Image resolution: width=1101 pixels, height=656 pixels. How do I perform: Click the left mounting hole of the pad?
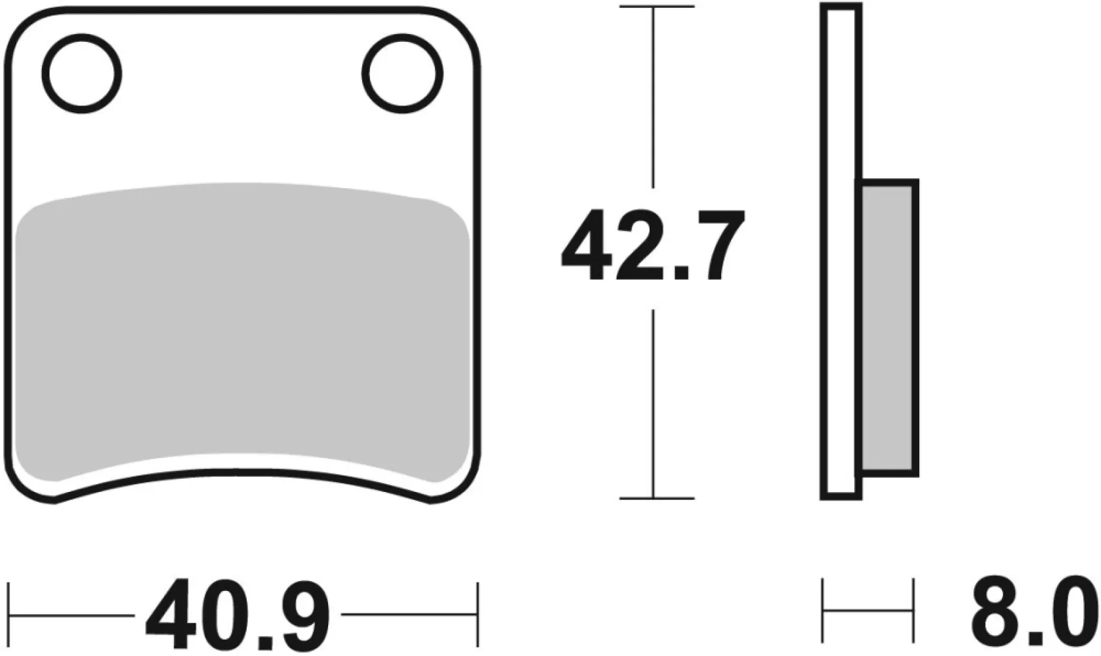click(81, 73)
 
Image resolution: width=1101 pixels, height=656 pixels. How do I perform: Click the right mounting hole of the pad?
click(404, 73)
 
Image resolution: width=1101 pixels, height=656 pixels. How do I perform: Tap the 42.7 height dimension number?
click(653, 246)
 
